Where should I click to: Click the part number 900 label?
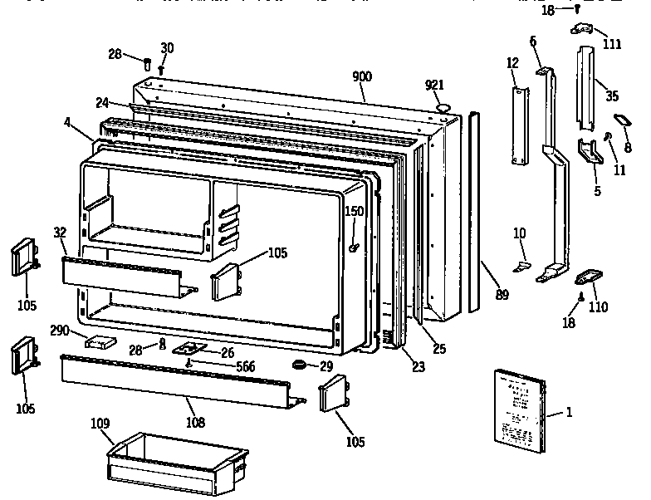click(361, 76)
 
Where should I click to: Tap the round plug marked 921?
click(443, 106)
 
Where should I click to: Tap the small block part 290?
click(100, 341)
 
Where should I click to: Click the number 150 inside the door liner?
click(355, 211)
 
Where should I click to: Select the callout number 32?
click(61, 232)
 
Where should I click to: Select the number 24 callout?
click(102, 104)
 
